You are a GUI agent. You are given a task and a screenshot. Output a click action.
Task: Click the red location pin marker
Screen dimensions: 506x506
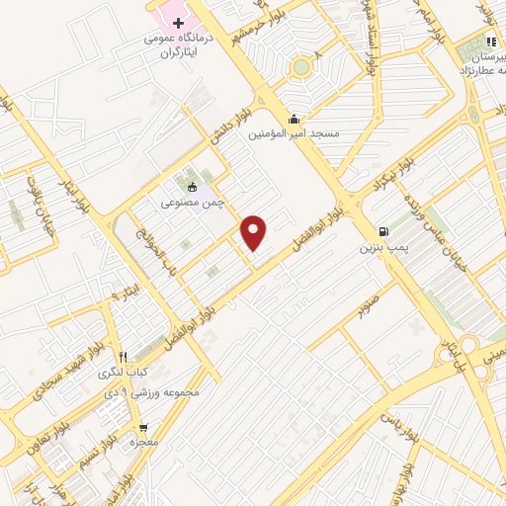[x=255, y=231]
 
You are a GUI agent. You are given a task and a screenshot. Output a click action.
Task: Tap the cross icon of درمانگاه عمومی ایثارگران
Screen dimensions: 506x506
[x=179, y=23]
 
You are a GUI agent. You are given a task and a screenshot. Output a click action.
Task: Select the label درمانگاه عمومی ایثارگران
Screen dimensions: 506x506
[x=179, y=45]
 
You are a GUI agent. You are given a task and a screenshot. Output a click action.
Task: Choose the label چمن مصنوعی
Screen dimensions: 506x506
[x=194, y=202]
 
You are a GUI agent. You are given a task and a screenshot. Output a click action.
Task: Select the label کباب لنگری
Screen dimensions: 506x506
[x=121, y=373]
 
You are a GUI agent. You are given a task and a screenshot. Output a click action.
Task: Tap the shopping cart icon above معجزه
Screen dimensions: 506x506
[x=144, y=428]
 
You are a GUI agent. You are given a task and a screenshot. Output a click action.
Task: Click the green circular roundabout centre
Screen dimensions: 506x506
[x=300, y=67]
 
